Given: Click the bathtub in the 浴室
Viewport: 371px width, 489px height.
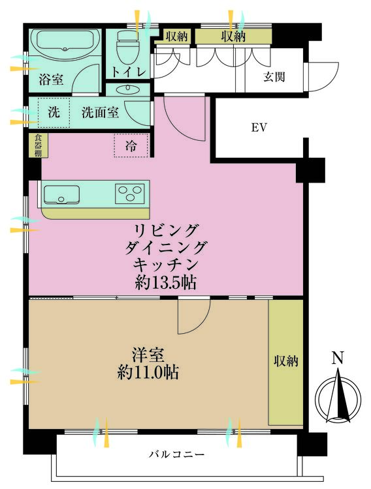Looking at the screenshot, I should [65, 45].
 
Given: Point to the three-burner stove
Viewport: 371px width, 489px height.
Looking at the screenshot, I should [129, 194].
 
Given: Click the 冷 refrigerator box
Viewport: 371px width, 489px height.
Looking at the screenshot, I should [131, 146].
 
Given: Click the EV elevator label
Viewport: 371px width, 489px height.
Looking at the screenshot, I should [259, 128].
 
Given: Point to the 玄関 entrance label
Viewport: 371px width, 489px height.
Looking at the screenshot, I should [274, 77].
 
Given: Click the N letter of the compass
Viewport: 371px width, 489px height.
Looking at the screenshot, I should [337, 357].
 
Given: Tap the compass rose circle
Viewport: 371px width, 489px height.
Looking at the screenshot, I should [338, 398].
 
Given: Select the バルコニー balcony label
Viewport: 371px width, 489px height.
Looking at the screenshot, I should [176, 454].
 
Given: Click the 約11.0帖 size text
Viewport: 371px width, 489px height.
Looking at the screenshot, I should [149, 374].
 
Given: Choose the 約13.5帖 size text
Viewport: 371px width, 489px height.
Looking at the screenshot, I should [166, 282].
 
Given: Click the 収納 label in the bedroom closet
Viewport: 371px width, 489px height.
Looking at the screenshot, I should [285, 361].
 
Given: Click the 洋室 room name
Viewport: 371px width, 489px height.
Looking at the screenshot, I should [149, 356].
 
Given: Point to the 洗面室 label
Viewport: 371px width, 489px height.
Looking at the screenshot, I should [100, 112].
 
